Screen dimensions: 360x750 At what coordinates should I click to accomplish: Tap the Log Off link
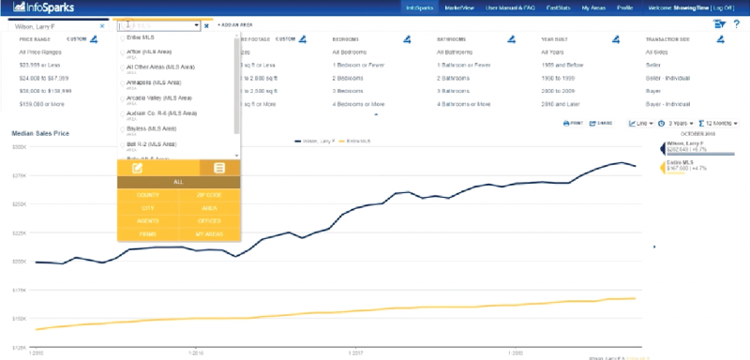729,7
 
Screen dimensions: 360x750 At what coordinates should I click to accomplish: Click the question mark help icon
737,24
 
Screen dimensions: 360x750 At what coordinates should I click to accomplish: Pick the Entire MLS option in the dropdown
140,37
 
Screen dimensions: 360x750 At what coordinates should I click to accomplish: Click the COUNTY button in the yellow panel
148,194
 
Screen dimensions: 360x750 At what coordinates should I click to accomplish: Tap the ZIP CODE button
209,194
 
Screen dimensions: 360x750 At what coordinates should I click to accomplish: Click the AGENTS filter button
148,220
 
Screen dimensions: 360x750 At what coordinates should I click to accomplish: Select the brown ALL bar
178,181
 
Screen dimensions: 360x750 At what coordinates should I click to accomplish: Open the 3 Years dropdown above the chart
681,123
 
